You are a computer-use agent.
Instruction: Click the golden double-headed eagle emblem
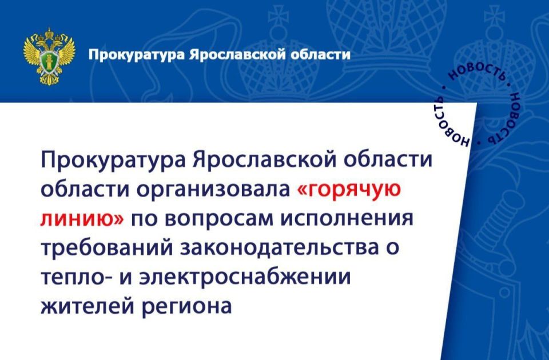[49, 56]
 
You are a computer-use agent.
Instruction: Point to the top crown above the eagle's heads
[49, 33]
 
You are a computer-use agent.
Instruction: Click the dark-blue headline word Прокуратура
[114, 161]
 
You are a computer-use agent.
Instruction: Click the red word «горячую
[349, 191]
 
